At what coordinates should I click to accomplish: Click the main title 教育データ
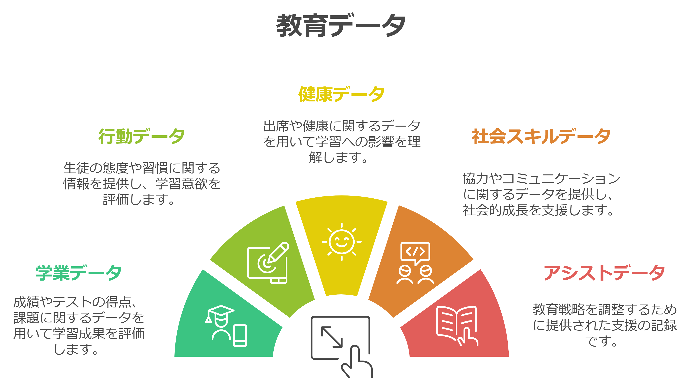(341, 25)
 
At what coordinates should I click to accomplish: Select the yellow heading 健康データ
(341, 94)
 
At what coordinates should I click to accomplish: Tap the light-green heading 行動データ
(141, 136)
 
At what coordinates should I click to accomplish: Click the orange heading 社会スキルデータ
(541, 136)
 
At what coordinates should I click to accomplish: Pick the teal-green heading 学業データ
(79, 273)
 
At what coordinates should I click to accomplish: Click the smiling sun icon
(342, 242)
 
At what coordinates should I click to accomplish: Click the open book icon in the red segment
(457, 325)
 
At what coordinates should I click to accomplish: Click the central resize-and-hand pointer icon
(342, 347)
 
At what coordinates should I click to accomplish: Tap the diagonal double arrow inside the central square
(332, 337)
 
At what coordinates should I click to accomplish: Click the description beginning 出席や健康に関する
(342, 142)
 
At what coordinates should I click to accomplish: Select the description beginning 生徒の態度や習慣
(142, 184)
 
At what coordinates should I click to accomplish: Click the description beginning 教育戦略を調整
(605, 325)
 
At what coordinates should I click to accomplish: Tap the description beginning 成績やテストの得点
(79, 325)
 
